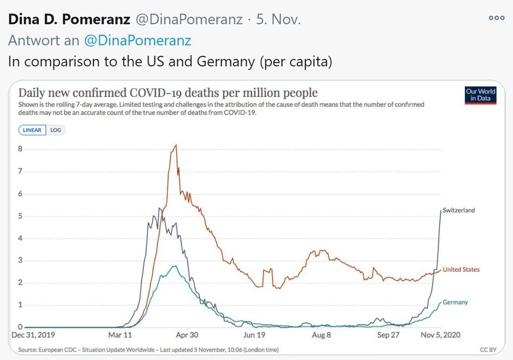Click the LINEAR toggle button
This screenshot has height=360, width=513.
32,130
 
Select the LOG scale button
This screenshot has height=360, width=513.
55,130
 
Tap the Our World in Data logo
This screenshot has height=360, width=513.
480,96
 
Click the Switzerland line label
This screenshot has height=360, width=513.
458,210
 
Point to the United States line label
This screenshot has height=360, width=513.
461,270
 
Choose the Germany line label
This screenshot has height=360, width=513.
455,302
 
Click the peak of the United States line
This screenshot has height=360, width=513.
175,145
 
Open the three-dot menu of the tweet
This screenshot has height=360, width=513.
497,18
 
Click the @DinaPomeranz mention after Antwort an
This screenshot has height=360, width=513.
138,41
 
